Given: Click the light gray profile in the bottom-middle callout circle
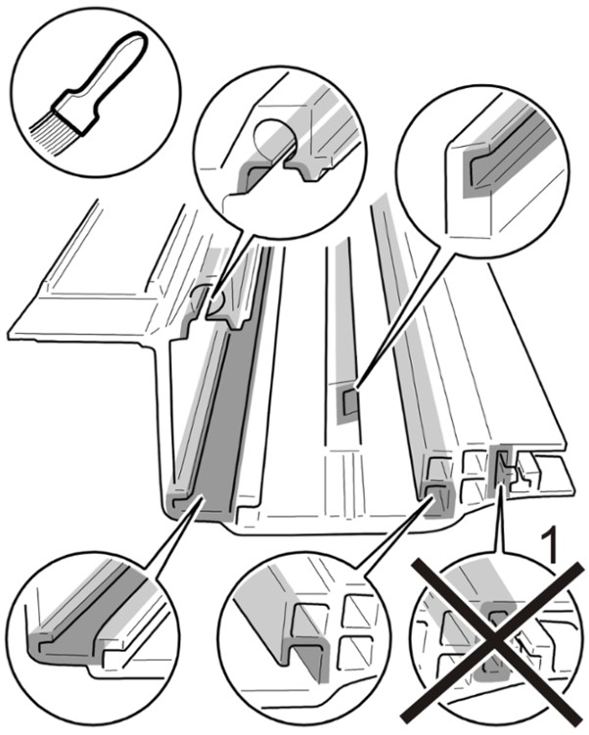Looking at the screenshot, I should click(284, 627).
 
